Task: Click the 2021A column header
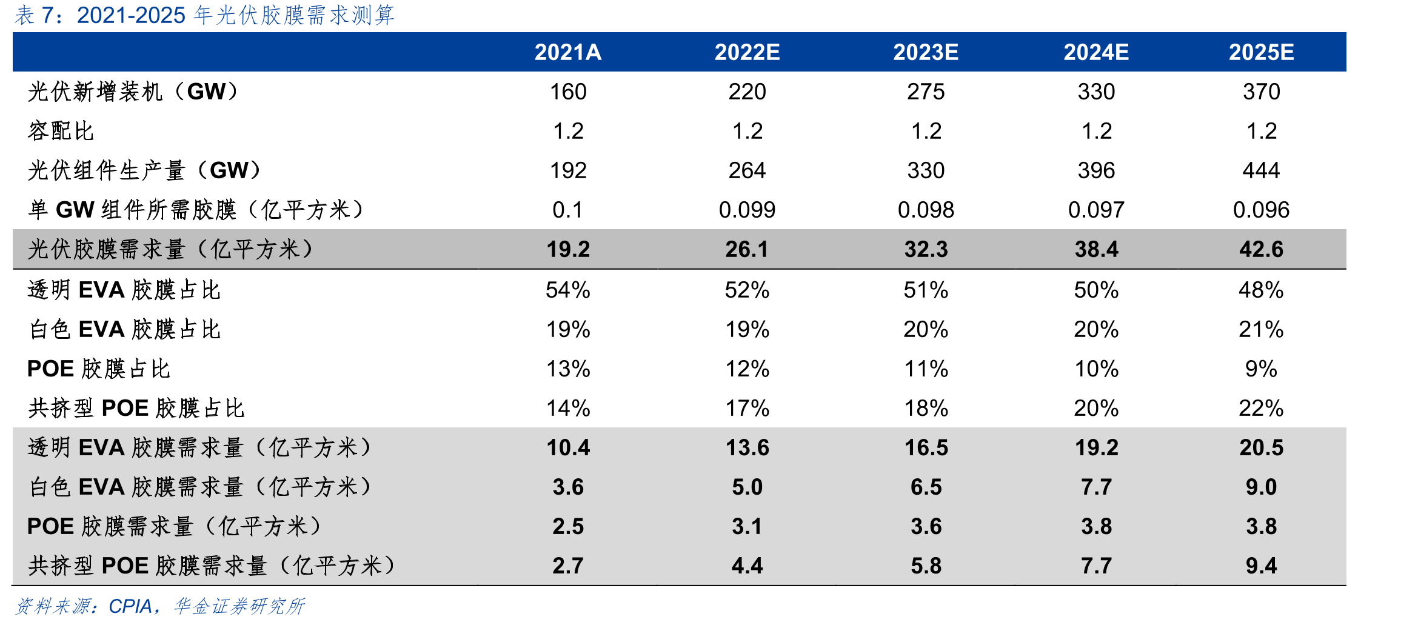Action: tap(567, 53)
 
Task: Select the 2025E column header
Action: tap(1261, 53)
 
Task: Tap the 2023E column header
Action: tap(926, 53)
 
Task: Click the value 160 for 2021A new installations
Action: tap(568, 92)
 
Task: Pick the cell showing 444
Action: tap(1261, 171)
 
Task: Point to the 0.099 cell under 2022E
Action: tap(747, 210)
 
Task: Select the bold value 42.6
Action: tap(1261, 250)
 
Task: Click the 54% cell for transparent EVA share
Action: tap(568, 290)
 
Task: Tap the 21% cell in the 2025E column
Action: tap(1261, 330)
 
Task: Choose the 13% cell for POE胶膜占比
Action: tap(568, 369)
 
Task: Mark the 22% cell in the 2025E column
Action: tap(1261, 409)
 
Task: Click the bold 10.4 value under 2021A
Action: tap(568, 448)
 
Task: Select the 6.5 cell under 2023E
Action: tap(926, 487)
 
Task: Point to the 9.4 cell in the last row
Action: tap(1261, 566)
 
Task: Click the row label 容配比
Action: tap(61, 132)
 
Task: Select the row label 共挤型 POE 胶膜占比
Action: tap(136, 409)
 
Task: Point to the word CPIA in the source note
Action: tap(130, 607)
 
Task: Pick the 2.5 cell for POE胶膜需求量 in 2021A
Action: tap(568, 527)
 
